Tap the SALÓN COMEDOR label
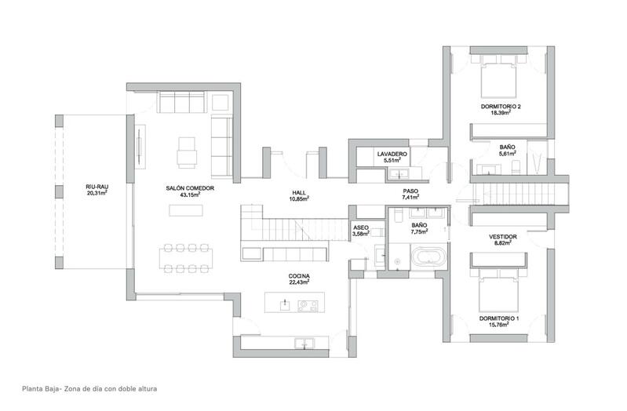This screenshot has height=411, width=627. click(x=190, y=188)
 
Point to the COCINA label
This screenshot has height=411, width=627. click(x=299, y=276)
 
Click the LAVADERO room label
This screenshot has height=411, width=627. click(x=390, y=153)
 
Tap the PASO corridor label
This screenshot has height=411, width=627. click(x=411, y=191)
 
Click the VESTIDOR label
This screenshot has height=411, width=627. click(x=501, y=236)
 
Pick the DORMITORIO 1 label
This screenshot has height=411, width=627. click(x=500, y=318)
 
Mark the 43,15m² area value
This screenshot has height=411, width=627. click(x=190, y=195)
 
